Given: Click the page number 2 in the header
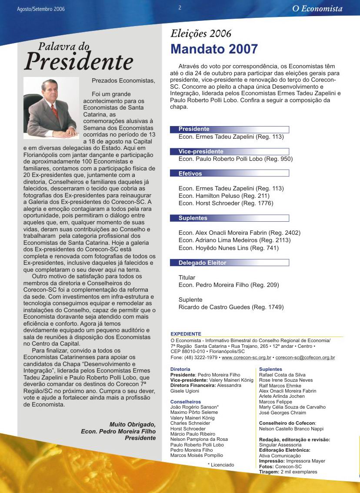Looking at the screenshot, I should pos(180,8).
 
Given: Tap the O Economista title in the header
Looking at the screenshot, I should pos(317,9).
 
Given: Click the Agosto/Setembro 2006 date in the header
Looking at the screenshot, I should pos(41,9).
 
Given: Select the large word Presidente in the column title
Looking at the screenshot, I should pos(78,62).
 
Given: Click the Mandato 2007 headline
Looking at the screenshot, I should pos(214,49).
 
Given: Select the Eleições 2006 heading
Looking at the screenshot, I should pos(201,33).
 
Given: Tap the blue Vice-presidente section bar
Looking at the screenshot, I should pos(230,152).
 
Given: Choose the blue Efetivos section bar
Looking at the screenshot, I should pos(230,173).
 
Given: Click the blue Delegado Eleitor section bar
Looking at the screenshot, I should pos(230,263).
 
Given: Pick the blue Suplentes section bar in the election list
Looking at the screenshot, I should pos(230,218).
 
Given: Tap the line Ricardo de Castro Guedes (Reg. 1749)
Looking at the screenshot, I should pos(231,307).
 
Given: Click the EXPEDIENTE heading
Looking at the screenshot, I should pos(186,334).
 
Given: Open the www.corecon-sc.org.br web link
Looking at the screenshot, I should pos(246,358).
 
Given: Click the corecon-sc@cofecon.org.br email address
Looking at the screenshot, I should pos(305,358).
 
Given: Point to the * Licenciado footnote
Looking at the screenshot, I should pos(220,465).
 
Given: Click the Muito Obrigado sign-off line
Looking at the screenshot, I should pos(132,424).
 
